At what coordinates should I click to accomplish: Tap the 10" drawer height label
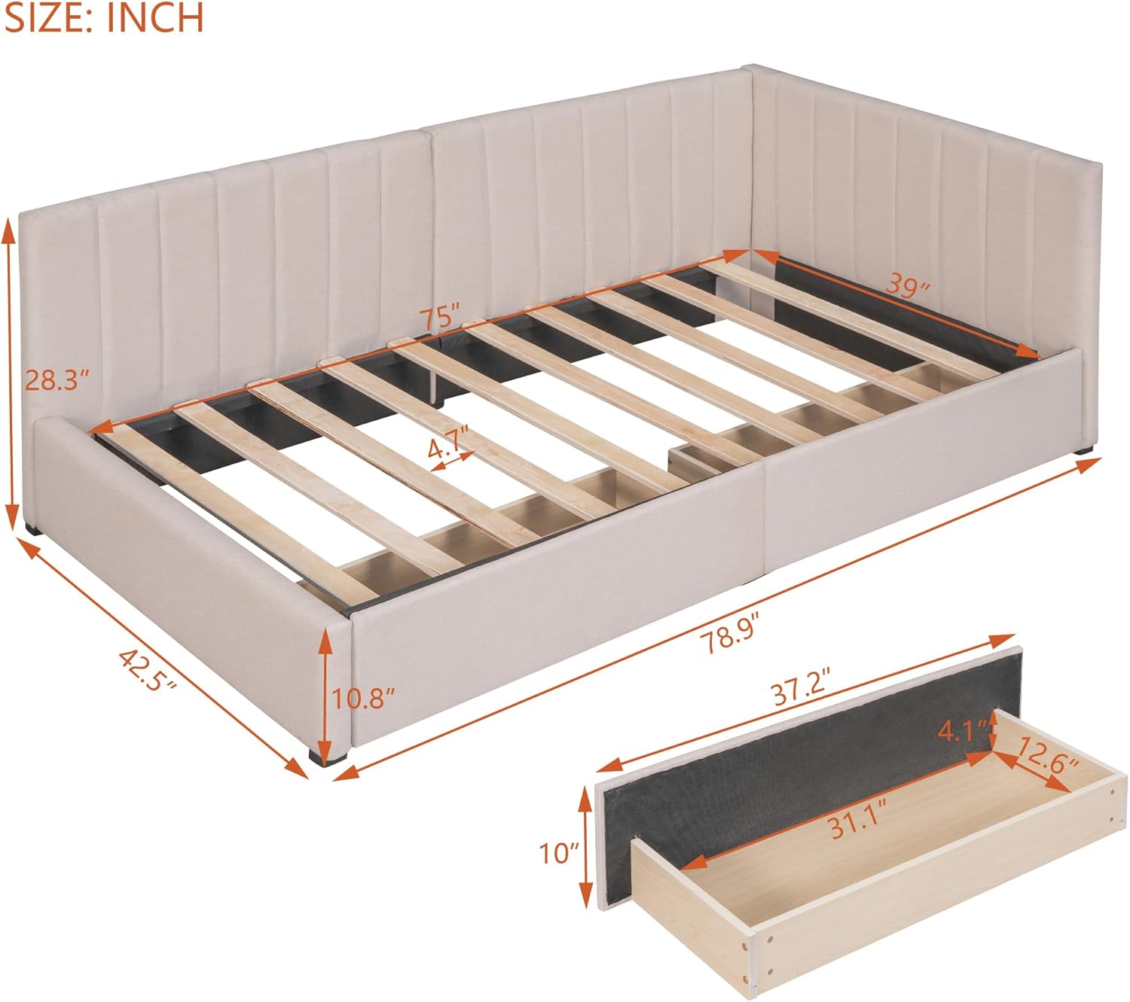tap(560, 853)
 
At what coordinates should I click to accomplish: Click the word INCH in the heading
tap(154, 17)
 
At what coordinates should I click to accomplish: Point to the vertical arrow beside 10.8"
tap(325, 696)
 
